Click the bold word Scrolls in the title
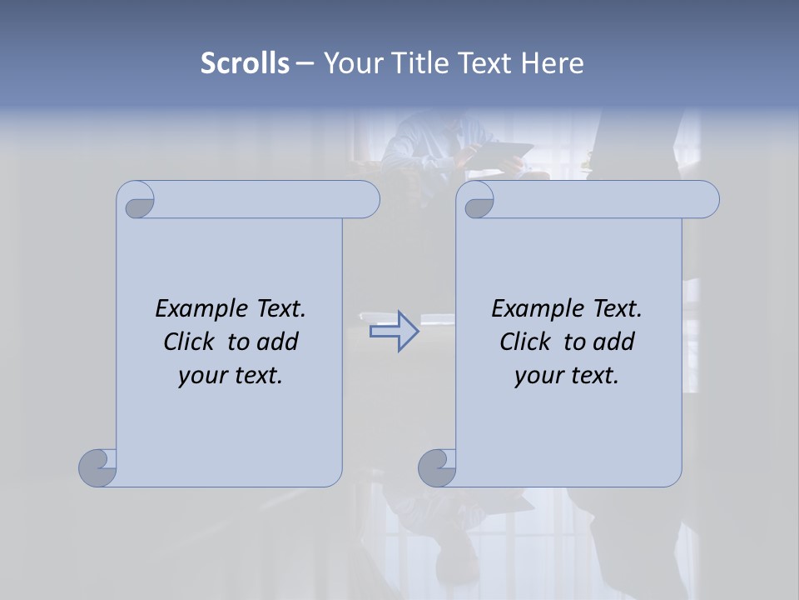click(x=245, y=63)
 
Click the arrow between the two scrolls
click(x=395, y=332)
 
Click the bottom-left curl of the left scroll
click(x=98, y=467)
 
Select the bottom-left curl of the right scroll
click(x=437, y=467)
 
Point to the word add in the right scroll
click(x=614, y=342)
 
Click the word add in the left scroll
click(x=278, y=342)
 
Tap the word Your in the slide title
click(x=347, y=63)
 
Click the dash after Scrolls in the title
click(x=305, y=63)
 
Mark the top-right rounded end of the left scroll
click(x=366, y=200)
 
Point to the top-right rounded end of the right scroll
click(x=706, y=200)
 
